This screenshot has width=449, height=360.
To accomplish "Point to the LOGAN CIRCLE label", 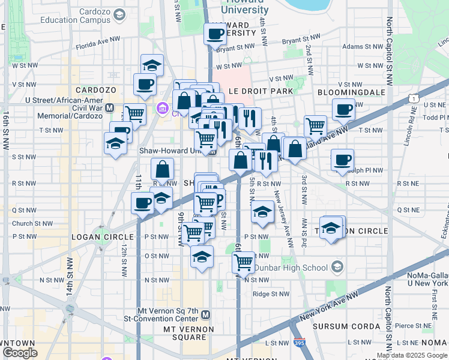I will [x=97, y=236].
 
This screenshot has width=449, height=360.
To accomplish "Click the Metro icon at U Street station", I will [x=109, y=107].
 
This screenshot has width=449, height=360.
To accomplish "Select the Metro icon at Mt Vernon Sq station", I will [x=206, y=314].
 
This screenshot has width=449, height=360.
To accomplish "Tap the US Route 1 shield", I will [x=414, y=97].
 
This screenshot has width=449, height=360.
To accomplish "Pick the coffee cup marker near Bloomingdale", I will [x=343, y=109].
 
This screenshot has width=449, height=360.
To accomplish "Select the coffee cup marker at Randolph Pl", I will [x=342, y=160].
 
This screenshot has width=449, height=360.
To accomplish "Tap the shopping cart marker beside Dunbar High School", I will [x=243, y=262].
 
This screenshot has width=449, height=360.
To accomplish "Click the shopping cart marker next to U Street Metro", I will [x=135, y=113].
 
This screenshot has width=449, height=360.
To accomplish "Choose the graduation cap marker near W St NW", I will [x=152, y=65].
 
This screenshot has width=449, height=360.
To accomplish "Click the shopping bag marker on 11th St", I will [x=162, y=169].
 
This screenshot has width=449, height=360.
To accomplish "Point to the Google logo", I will [x=20, y=353].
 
